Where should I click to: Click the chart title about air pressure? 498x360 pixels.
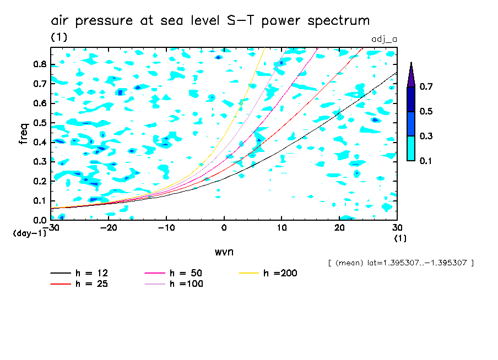click(x=210, y=21)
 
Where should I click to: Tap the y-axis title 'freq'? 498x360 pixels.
click(x=23, y=134)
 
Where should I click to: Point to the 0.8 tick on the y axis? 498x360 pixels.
click(x=40, y=64)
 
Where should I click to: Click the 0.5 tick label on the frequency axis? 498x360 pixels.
click(x=40, y=122)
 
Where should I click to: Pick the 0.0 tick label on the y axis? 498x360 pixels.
click(x=40, y=220)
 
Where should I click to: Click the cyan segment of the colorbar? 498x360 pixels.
click(x=411, y=148)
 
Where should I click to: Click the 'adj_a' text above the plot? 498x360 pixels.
click(x=385, y=39)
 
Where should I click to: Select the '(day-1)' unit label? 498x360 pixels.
click(x=29, y=233)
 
